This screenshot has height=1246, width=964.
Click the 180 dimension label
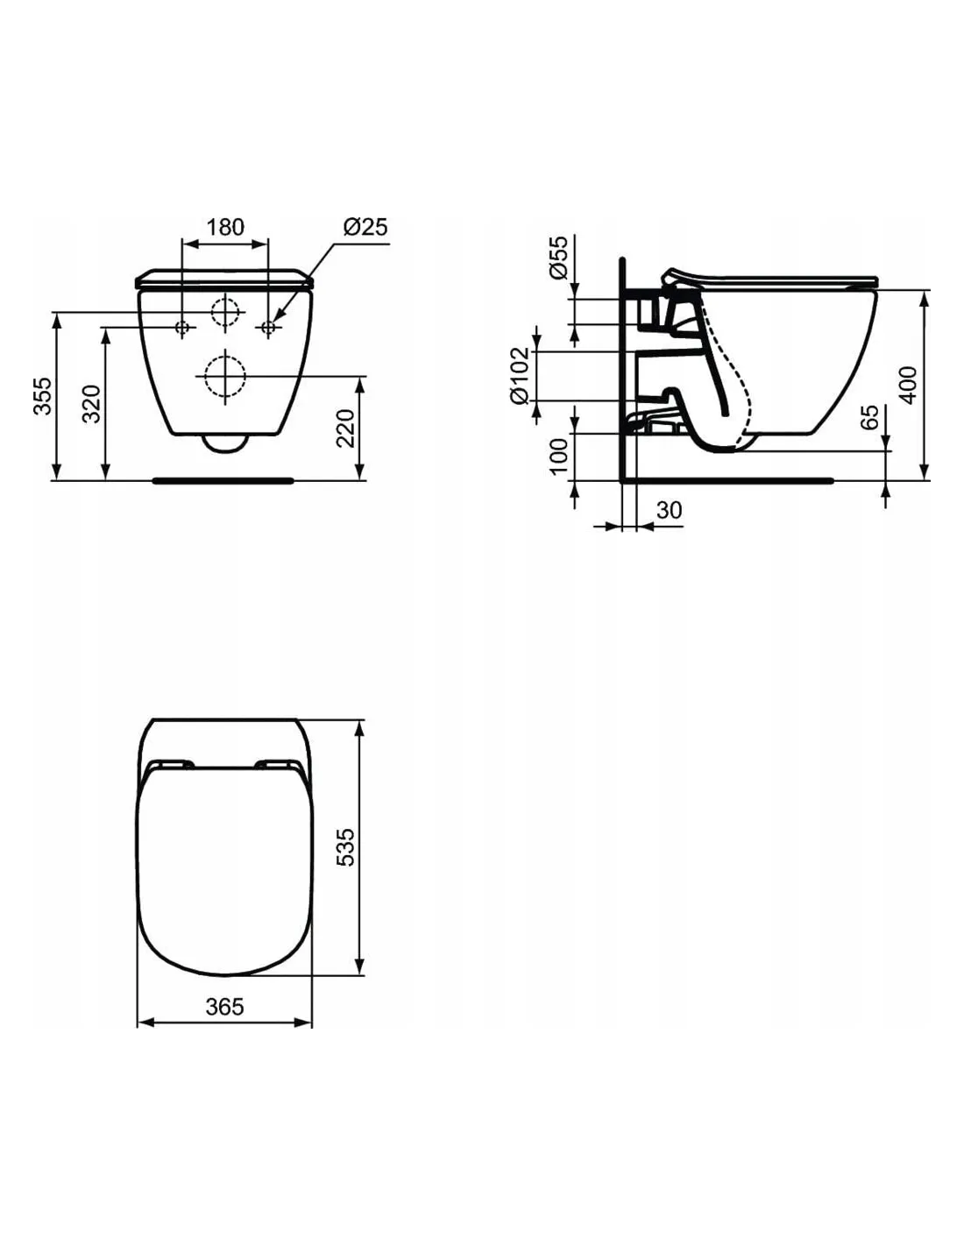pos(225,227)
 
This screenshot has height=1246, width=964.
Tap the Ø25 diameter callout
pos(365,226)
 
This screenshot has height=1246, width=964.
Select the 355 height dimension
pos(42,396)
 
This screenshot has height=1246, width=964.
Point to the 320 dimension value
pos(91,403)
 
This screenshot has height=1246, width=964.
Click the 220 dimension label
pos(346,428)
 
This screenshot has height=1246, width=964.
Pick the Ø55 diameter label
pos(558,257)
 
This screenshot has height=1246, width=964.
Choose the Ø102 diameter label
pos(521,375)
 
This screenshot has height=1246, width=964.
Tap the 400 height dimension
pos(908,385)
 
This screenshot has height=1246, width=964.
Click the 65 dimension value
pos(869,417)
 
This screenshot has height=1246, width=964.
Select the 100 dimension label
pos(558,456)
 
